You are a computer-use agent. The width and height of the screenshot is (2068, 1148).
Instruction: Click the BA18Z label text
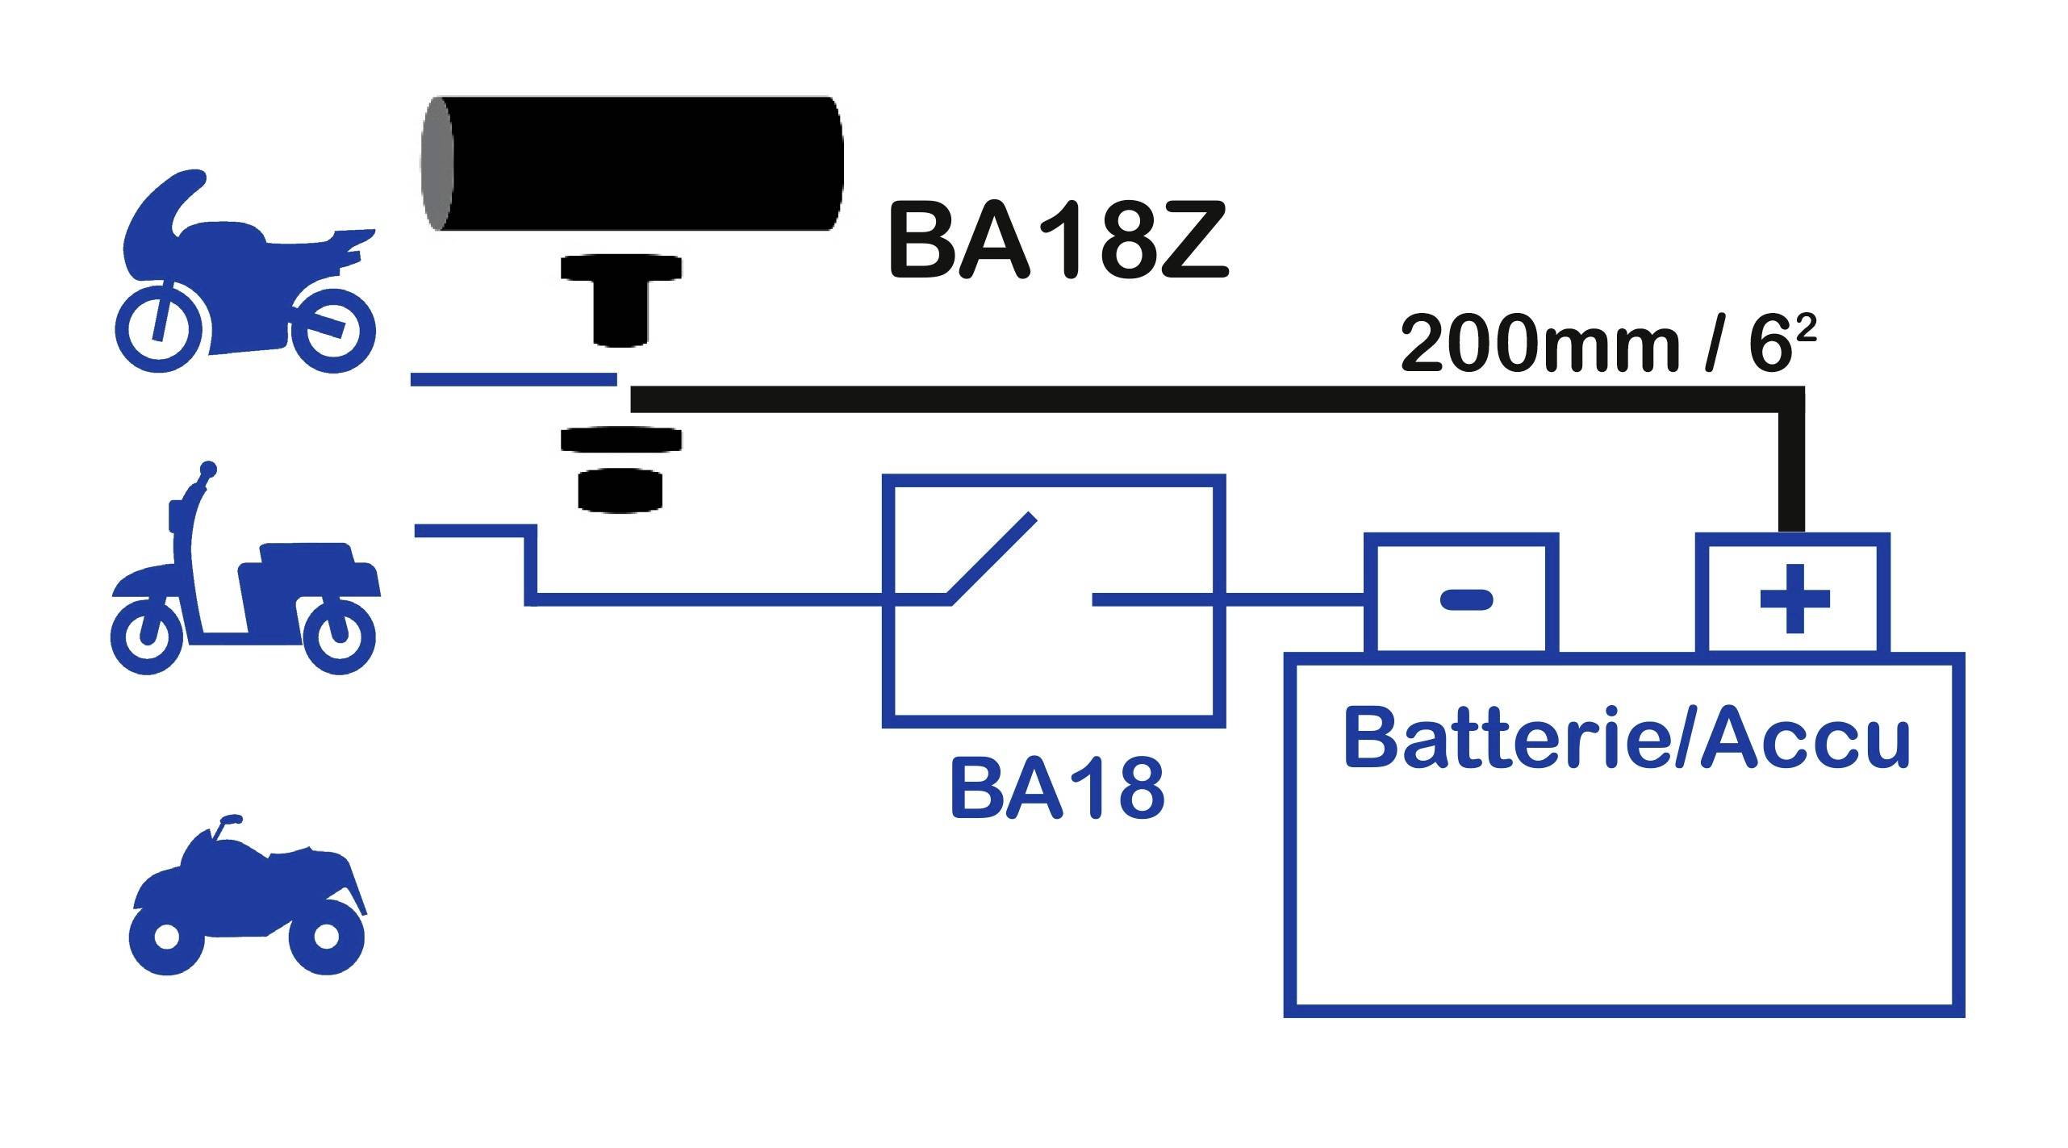[1057, 242]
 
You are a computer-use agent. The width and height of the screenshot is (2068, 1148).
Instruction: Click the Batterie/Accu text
[1627, 739]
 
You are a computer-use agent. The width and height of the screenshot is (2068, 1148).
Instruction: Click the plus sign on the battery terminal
[1794, 599]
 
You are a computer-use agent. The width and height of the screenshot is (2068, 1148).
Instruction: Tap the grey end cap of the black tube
[437, 165]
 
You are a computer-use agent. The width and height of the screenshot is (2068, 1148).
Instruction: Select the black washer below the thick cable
[621, 440]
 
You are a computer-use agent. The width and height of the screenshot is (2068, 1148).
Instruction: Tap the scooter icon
[242, 581]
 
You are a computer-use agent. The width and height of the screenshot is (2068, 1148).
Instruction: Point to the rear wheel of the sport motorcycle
[333, 331]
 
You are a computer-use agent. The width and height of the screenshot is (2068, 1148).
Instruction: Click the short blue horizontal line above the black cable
[513, 379]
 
